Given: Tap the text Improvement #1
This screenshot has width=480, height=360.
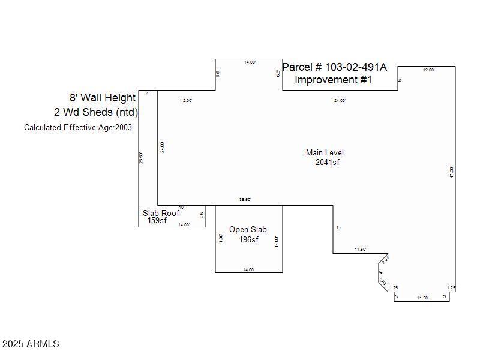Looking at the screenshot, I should pos(334,80).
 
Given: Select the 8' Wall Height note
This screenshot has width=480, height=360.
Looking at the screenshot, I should pos(103,98).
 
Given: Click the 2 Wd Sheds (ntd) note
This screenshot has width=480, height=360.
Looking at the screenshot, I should pos(96,112).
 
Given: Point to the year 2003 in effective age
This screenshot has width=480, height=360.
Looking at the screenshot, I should pos(124,127).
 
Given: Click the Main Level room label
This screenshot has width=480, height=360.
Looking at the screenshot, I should pos(325,153).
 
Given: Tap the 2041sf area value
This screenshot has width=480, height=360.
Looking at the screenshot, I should pos(328,162).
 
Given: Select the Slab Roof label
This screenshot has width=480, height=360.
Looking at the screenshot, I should pos(161,213).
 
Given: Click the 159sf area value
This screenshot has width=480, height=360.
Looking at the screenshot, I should pos(157,221).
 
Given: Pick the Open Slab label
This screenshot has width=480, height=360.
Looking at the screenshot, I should pos(248,230).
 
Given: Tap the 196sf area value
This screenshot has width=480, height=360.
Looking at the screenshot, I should pos(248,240).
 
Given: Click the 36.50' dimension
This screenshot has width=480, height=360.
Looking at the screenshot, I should pos(245,200).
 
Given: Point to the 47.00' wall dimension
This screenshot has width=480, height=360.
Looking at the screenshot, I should pos(451,172).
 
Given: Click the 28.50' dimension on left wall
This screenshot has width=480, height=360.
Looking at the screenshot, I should pos(142,158).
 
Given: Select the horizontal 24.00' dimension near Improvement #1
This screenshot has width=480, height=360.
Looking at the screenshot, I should pos(340,101).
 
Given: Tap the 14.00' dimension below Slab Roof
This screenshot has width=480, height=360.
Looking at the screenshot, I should pos(184,225).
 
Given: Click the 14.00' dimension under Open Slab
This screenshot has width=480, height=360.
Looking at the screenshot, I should pos(248,270).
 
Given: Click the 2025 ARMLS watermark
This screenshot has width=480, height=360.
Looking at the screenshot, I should pos(31,344).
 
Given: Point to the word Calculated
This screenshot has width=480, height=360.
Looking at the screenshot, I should pos(43,127).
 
